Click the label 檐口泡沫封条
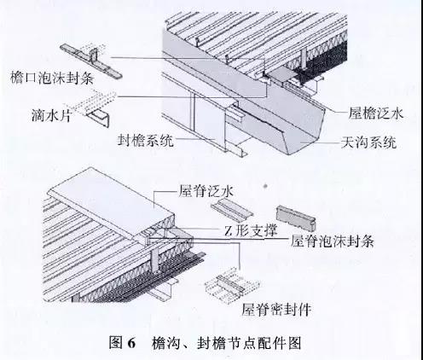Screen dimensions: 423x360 52,78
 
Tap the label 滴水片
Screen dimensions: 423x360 51,115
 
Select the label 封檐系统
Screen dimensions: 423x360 146,141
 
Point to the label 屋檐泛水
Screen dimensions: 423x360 376,113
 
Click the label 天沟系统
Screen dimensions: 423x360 368,142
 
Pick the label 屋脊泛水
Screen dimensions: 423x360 206,191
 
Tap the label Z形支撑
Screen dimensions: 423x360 251,230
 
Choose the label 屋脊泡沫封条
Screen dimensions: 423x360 332,241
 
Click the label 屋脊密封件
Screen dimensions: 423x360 276,310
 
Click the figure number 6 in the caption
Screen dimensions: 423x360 131,343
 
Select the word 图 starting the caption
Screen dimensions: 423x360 116,343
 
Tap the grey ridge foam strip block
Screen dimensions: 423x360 296,218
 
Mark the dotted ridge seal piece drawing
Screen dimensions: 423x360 233,284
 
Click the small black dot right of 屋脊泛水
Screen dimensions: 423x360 265,186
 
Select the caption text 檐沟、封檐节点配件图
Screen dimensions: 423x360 226,343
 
